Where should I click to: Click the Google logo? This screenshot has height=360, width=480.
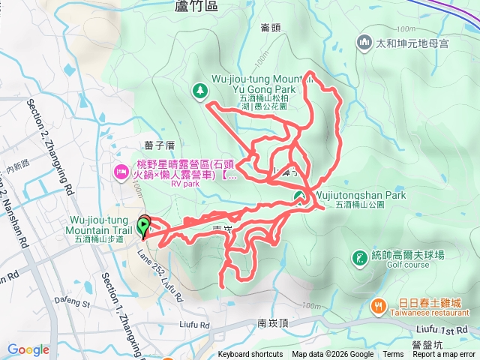point(28,349)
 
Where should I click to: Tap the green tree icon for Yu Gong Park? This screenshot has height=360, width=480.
point(200,91)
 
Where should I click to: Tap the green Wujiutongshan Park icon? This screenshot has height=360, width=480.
point(298,197)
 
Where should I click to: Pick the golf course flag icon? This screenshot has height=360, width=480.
point(361,257)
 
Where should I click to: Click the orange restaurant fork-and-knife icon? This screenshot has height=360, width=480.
point(378,306)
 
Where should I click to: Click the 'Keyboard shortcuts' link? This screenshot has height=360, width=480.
point(250,355)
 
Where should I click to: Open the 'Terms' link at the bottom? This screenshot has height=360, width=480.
point(393,355)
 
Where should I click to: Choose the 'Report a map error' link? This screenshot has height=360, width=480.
point(443,355)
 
